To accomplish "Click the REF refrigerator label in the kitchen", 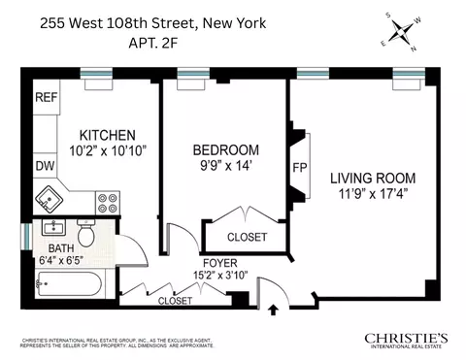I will point(46,97).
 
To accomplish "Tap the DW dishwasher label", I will point(45,166).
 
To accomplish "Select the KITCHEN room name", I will point(107,135).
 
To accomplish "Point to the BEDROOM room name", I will point(225,149).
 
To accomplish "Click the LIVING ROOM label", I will point(372,179).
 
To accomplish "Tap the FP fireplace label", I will point(300,167).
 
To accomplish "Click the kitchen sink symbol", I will point(50,200).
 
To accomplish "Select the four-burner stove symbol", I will point(107,203).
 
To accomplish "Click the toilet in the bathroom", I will point(86,234).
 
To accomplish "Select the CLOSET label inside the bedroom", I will point(247,237).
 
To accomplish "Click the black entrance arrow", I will point(273,311).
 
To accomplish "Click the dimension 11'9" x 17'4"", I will point(373,194).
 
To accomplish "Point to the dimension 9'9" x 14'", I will point(225,165).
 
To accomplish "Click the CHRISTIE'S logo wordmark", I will point(406,338).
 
